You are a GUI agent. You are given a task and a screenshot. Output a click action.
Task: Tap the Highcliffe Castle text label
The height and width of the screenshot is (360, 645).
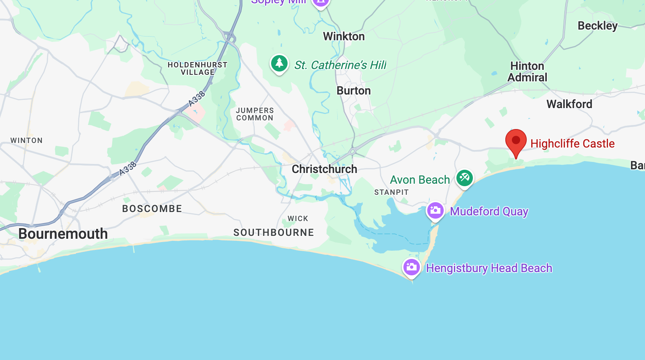pos(572,143)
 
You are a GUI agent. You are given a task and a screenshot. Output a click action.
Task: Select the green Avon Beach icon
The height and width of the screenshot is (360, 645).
pos(465,178)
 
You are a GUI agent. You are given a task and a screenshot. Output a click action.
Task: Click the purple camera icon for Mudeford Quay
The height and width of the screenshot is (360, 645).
pos(435,211)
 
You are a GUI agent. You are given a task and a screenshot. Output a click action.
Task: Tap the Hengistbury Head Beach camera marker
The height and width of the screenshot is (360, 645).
pos(412,268)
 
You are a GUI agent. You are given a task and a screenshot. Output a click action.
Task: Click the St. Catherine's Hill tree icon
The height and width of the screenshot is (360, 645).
pos(279,63)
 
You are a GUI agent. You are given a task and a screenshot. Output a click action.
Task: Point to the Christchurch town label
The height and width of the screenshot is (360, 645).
pos(324,169)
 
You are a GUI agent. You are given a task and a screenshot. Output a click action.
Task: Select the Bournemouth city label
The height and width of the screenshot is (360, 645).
pos(63,234)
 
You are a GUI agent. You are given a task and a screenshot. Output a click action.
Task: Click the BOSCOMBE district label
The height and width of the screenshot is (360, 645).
pos(152,209)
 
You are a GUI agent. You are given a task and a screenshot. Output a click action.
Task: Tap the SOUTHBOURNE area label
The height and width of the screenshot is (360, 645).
pos(274,233)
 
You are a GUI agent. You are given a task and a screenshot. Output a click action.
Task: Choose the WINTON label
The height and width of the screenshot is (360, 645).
pos(27,141)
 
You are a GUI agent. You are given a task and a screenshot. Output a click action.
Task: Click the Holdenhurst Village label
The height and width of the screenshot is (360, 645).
pos(197,69)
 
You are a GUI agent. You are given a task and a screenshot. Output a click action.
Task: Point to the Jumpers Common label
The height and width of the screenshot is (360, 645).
pos(255,114)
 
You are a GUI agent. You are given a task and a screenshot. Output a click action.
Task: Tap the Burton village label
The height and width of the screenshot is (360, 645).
pos(354,91)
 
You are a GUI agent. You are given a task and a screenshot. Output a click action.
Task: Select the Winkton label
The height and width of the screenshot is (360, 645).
pos(344,37)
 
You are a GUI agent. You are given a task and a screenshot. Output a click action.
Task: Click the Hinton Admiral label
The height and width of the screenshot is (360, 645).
pos(527,72)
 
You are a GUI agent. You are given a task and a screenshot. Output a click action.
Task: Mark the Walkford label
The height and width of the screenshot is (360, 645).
pos(569,104)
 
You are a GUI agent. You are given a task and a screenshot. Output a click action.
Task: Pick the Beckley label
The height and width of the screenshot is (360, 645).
pos(597,26)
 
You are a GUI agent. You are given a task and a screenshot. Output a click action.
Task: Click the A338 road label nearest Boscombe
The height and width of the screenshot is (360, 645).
pos(128,168)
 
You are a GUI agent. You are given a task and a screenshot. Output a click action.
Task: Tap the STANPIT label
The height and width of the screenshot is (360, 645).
pos(391,192)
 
